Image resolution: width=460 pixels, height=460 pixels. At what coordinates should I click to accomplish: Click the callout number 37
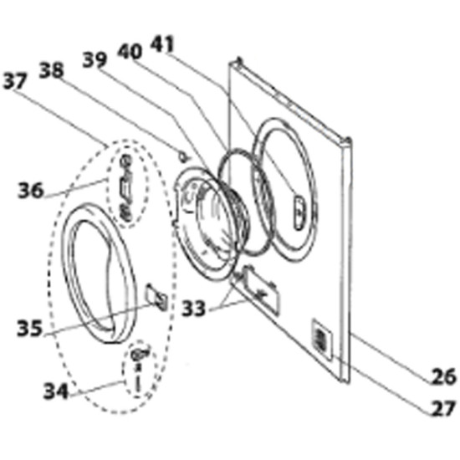[x=15, y=81]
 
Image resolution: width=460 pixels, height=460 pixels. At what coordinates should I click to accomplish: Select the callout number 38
[x=51, y=70]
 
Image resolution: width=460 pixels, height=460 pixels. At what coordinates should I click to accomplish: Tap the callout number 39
[x=95, y=59]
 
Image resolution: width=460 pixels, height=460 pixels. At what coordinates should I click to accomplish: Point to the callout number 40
[x=130, y=52]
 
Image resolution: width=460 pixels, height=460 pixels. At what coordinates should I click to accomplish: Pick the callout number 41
[x=162, y=45]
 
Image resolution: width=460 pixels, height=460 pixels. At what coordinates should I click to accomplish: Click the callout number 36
[x=31, y=190]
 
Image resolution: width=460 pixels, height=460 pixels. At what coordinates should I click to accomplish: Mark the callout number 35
[x=29, y=328]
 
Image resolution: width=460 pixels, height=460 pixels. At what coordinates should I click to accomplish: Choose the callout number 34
[x=56, y=391]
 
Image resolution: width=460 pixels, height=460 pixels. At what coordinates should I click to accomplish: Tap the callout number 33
[x=193, y=309]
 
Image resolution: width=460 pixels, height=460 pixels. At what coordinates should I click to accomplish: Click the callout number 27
[x=443, y=408]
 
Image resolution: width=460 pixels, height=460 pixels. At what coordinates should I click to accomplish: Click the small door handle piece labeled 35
[x=157, y=297]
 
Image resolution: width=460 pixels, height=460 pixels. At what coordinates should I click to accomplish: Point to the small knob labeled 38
[x=184, y=156]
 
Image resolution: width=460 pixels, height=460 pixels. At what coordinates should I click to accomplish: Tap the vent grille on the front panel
[x=321, y=339]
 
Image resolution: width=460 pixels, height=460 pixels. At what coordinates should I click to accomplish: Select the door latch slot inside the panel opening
[x=299, y=212]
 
